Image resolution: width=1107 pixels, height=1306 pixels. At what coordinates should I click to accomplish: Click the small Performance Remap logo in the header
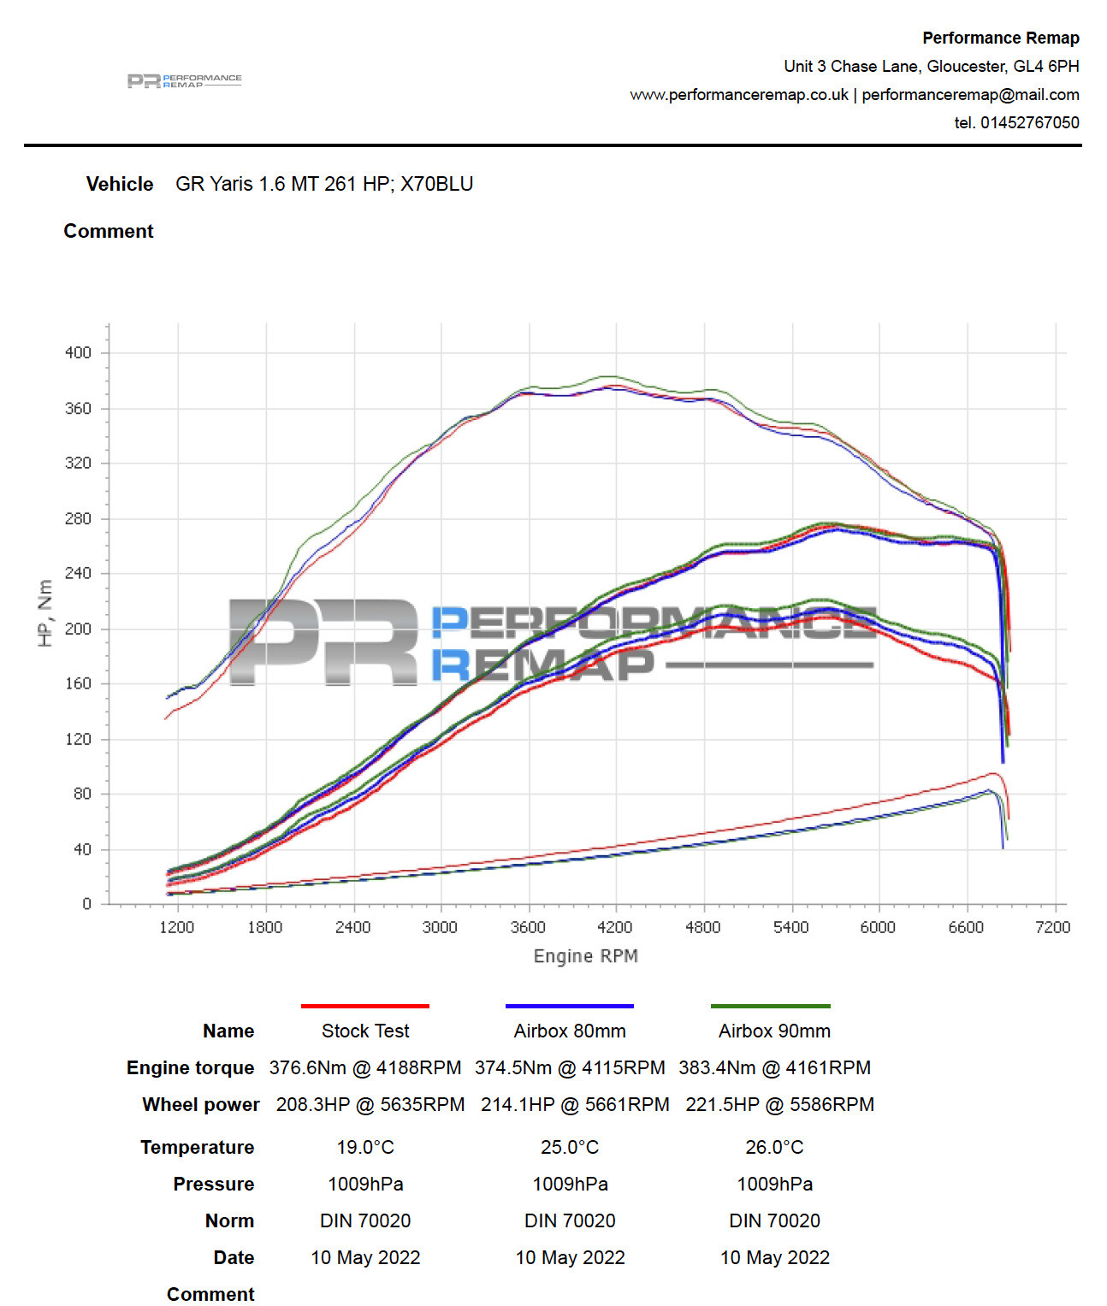(x=185, y=80)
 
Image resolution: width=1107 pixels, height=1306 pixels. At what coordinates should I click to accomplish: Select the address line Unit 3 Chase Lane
(x=931, y=66)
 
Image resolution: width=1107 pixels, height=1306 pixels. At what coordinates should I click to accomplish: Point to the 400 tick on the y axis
(x=78, y=352)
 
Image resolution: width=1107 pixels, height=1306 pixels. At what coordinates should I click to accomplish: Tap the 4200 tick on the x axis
(x=614, y=927)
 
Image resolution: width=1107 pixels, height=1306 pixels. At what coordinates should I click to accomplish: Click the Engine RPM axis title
(x=585, y=955)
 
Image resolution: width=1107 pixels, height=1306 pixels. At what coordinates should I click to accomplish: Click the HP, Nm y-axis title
(x=45, y=612)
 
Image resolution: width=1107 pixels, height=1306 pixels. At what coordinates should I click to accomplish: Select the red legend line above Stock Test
(x=364, y=1006)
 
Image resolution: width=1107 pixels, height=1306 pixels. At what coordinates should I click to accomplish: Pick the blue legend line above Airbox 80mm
(x=569, y=1006)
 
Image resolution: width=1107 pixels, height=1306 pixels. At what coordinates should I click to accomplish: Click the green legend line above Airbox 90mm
(x=770, y=1006)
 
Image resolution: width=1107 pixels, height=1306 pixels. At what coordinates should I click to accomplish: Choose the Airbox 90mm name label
(x=774, y=1031)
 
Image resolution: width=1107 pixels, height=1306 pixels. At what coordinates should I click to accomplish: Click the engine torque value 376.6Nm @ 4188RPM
(x=365, y=1067)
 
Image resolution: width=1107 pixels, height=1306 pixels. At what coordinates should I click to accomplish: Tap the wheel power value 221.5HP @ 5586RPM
(x=779, y=1104)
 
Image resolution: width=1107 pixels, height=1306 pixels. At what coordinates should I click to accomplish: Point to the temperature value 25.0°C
(x=570, y=1147)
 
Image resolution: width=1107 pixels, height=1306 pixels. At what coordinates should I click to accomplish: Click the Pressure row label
(x=213, y=1184)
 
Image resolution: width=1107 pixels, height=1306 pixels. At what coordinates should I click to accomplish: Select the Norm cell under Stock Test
(x=365, y=1220)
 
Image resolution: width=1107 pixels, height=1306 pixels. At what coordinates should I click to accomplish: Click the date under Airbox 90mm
(x=774, y=1257)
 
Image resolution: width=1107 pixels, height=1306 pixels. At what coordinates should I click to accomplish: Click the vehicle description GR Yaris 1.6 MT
(x=324, y=184)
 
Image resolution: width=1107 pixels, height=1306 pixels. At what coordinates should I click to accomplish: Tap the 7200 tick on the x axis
(x=1052, y=927)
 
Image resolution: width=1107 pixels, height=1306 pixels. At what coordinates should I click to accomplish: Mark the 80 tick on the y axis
(x=82, y=794)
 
